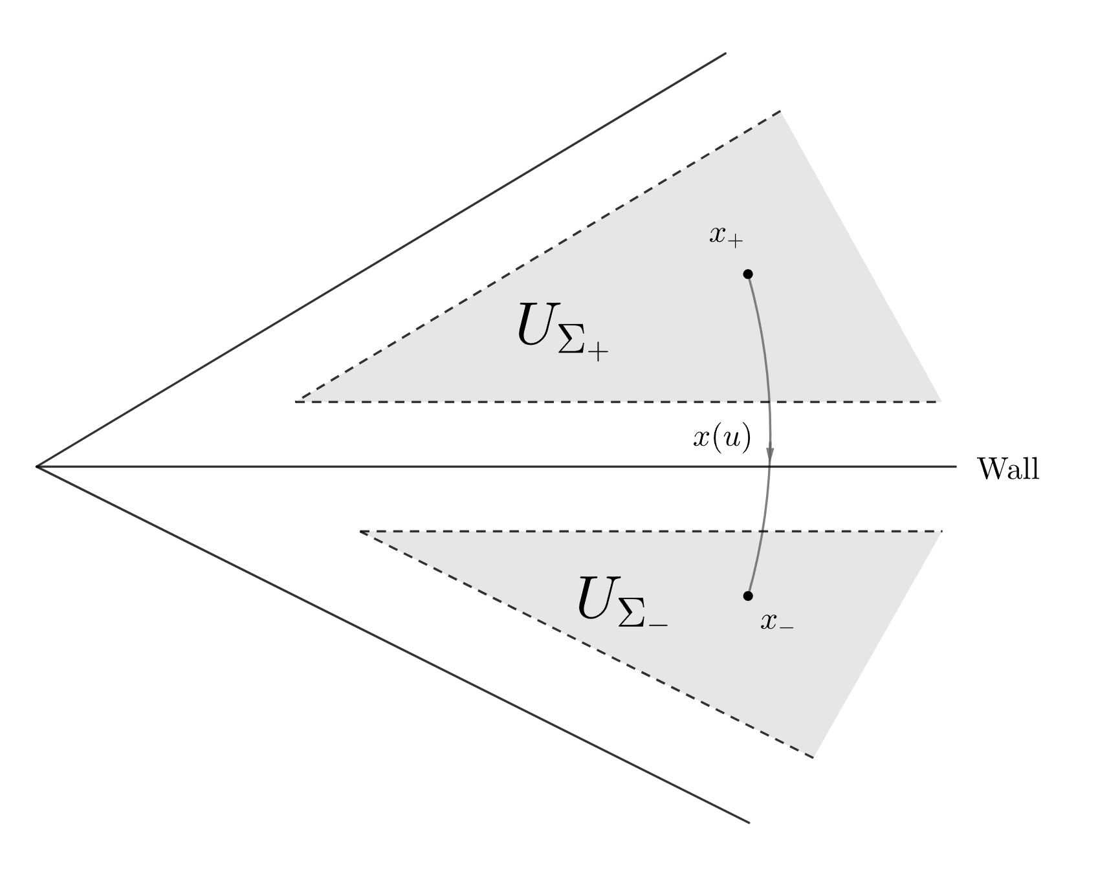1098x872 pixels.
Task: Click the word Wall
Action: pos(1007,468)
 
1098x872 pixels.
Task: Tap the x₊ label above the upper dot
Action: pos(726,236)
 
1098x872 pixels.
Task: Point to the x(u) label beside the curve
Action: pos(722,439)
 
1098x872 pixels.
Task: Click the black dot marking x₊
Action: pos(748,274)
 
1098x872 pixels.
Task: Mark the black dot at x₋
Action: pos(748,595)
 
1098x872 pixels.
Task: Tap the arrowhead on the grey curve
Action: pos(770,452)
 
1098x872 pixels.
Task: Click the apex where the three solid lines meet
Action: pos(38,466)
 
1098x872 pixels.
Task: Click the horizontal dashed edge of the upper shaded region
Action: pos(615,402)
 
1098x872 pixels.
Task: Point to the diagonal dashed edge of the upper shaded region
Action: pos(540,256)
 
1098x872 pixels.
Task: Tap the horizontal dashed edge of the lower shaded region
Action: pos(647,532)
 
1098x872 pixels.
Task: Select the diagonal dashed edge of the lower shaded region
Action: pos(586,644)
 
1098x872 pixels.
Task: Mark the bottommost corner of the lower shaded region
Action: pos(813,757)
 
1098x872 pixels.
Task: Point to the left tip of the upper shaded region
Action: pos(298,401)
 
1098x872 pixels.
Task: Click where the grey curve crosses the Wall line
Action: pos(770,466)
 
